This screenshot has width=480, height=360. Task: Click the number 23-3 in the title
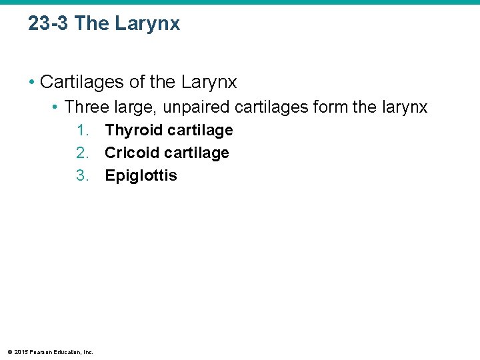[x=49, y=24]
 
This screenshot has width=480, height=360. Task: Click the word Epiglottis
[x=141, y=176]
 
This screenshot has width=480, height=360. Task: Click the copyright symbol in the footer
[x=9, y=351]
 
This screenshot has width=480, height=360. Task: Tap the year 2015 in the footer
[x=20, y=351]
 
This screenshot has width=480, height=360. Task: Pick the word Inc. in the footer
[x=87, y=351]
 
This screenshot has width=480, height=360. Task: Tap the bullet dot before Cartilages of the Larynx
[x=31, y=83]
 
